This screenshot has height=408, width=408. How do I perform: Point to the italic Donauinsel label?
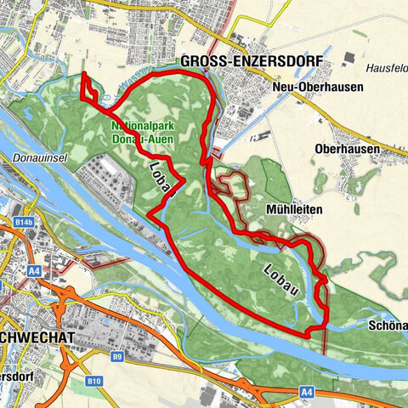(x=36, y=158)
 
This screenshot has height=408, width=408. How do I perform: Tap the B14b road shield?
(x=24, y=222)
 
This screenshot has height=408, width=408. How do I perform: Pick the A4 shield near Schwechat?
(x=36, y=271)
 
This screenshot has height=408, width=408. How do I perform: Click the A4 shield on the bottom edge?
(x=306, y=393)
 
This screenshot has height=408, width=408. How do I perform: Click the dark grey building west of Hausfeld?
(x=348, y=59)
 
